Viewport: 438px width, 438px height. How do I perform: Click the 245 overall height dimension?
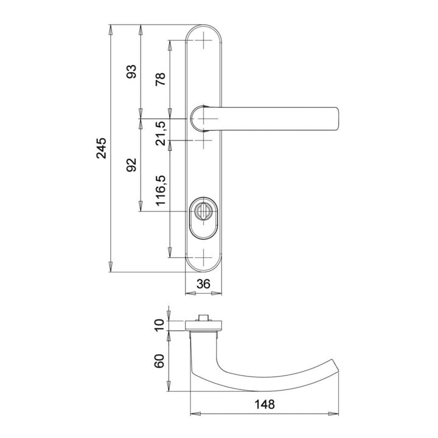point(102,148)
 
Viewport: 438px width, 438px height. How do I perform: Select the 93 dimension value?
point(131,72)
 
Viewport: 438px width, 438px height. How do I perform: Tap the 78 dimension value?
point(161,79)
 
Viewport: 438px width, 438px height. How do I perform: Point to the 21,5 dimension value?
point(161,133)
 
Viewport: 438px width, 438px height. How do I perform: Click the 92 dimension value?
point(131,165)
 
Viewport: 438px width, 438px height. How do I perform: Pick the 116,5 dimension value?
point(161,191)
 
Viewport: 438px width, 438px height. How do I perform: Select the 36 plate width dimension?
point(203,284)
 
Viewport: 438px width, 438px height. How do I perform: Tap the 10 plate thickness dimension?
point(159,325)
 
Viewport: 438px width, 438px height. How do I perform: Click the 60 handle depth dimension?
point(159,361)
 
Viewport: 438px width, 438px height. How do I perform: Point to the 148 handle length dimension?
point(264,404)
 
